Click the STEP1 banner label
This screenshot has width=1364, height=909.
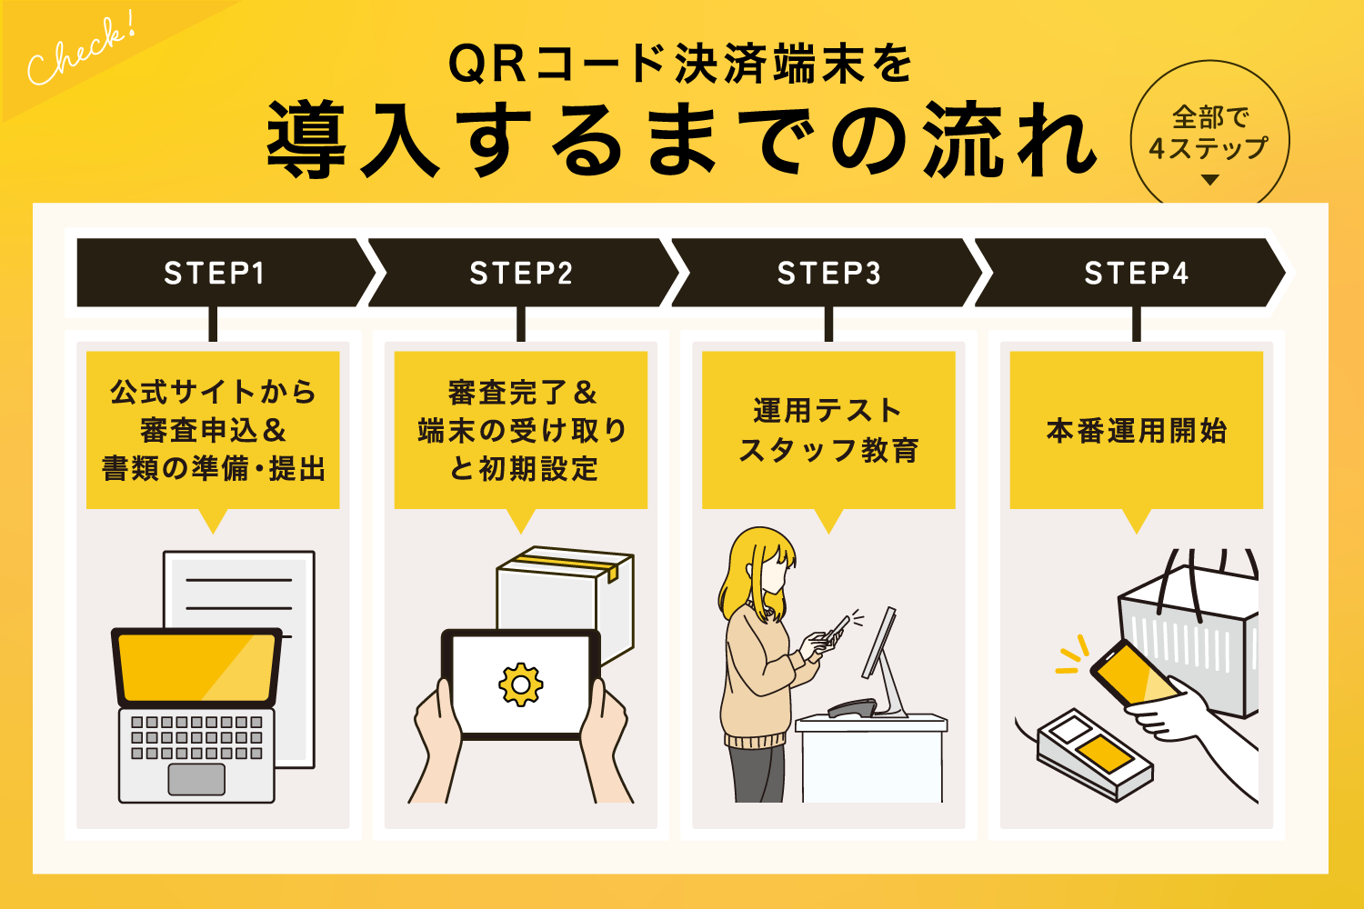click(214, 273)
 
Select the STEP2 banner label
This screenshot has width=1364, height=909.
click(521, 273)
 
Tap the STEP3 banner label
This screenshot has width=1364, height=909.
click(828, 273)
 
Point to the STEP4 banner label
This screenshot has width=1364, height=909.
click(1136, 273)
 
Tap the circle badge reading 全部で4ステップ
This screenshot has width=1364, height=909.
click(1209, 132)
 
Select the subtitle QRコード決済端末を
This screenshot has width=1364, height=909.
click(680, 65)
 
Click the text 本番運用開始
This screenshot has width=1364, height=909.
click(1136, 430)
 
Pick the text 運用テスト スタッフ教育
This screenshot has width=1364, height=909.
click(828, 430)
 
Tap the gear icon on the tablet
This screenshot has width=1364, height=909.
click(520, 684)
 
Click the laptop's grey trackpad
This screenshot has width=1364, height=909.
click(196, 779)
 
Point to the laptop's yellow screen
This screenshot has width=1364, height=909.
click(196, 667)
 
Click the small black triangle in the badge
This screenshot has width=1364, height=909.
click(1209, 180)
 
